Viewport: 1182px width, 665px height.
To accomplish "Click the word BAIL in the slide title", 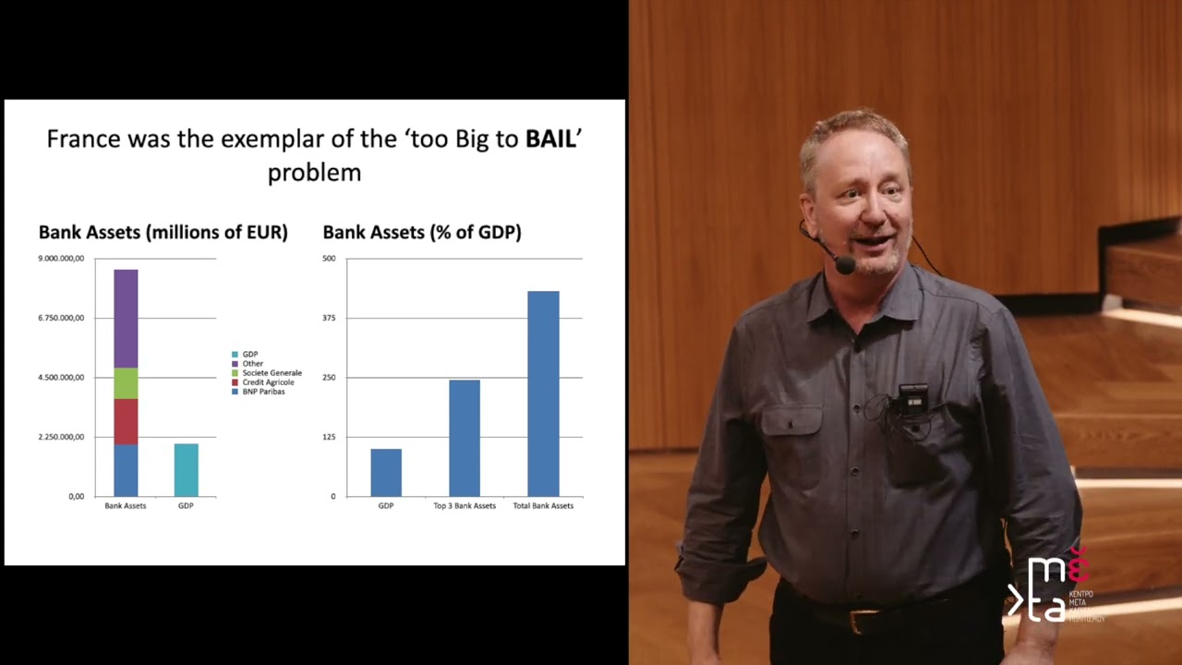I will tap(550, 139).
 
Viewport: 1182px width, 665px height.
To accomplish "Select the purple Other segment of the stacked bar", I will tap(126, 319).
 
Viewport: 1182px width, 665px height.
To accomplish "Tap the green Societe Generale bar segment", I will tap(126, 383).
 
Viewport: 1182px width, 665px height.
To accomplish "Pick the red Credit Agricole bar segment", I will tap(126, 422).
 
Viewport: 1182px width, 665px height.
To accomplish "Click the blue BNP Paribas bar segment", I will tap(126, 470).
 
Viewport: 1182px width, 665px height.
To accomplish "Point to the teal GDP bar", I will tap(186, 470).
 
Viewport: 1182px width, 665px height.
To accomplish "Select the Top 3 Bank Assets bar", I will tap(464, 438).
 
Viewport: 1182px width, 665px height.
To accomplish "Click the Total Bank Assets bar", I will tap(543, 393).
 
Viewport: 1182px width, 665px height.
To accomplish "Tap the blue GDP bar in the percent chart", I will tap(386, 472).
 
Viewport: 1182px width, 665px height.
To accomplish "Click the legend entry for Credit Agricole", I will tap(268, 382).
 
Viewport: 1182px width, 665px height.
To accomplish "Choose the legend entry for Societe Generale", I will tap(271, 373).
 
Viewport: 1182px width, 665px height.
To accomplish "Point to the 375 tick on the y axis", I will tap(329, 318).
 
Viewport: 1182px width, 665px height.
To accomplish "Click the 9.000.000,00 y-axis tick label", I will tap(61, 259).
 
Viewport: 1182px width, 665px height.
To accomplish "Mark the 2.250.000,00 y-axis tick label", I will tap(61, 437).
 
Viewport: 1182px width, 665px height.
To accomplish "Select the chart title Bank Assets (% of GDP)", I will tap(422, 233).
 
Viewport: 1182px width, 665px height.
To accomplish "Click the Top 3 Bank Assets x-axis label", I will tap(464, 506).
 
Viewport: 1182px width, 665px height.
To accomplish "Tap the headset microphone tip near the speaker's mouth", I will tap(844, 265).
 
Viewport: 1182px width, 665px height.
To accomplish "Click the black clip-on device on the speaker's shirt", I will tap(912, 398).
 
